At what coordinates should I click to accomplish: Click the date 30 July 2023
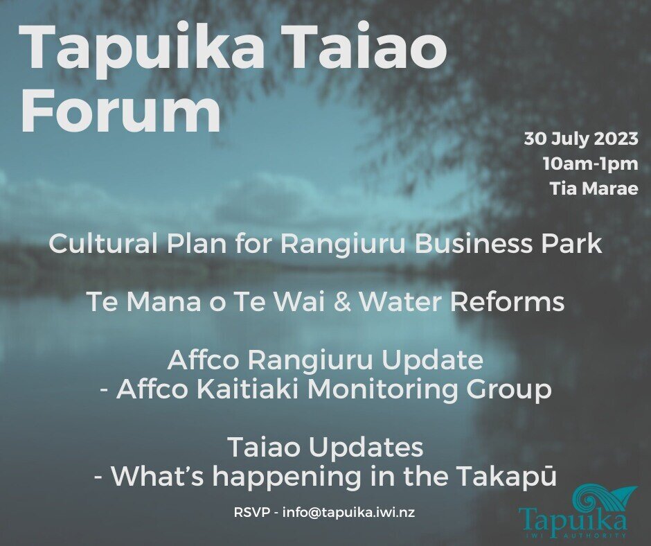tap(580, 139)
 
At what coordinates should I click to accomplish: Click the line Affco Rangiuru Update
tap(325, 360)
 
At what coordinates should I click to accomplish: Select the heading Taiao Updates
tap(325, 448)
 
